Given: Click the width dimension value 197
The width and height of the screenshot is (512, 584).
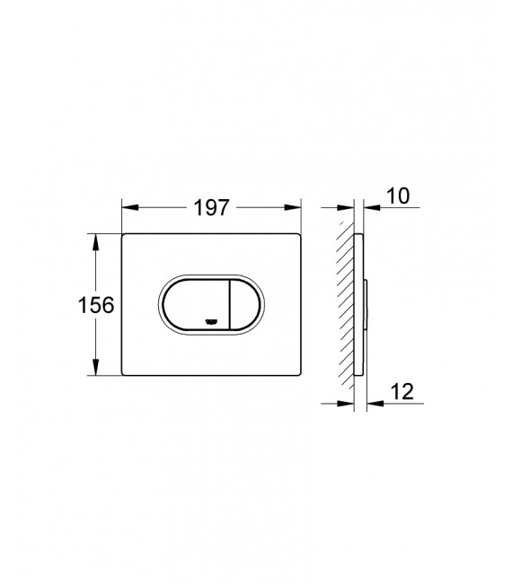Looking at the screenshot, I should tap(211, 207).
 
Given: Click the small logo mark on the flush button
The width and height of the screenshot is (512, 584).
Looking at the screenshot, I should tap(212, 321).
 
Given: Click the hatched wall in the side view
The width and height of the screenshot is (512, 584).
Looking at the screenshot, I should tap(344, 305).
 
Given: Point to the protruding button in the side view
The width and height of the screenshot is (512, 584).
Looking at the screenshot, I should tap(366, 305).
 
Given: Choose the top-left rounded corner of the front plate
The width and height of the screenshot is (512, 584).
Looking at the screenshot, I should tap(125, 237).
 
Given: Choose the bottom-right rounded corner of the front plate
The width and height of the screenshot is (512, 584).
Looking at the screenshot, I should tap(296, 373).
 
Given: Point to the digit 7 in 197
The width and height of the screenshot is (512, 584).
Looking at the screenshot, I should tap(225, 207).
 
